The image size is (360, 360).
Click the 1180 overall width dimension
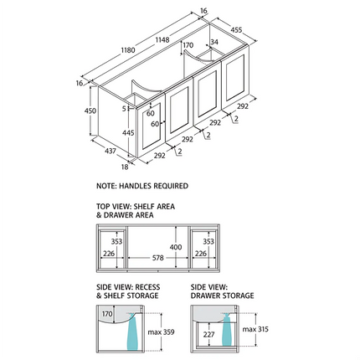[128, 50]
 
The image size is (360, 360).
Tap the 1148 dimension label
[162, 40]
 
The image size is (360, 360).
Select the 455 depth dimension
[236, 29]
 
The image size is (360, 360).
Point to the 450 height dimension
[90, 111]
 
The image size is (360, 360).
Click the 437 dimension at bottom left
[111, 151]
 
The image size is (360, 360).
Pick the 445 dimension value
[128, 133]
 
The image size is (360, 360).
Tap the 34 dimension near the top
[214, 42]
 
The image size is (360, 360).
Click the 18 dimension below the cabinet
[125, 167]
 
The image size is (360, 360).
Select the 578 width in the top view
[157, 258]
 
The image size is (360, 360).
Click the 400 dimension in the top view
[176, 247]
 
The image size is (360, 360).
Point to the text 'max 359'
[161, 332]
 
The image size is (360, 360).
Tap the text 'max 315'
[255, 329]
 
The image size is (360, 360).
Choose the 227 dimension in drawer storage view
[208, 334]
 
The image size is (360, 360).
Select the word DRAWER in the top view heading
[118, 215]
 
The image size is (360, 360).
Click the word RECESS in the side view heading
[147, 287]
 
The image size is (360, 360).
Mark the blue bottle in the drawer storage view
[226, 329]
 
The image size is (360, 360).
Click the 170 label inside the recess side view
[107, 314]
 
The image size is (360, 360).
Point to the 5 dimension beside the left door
[124, 108]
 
